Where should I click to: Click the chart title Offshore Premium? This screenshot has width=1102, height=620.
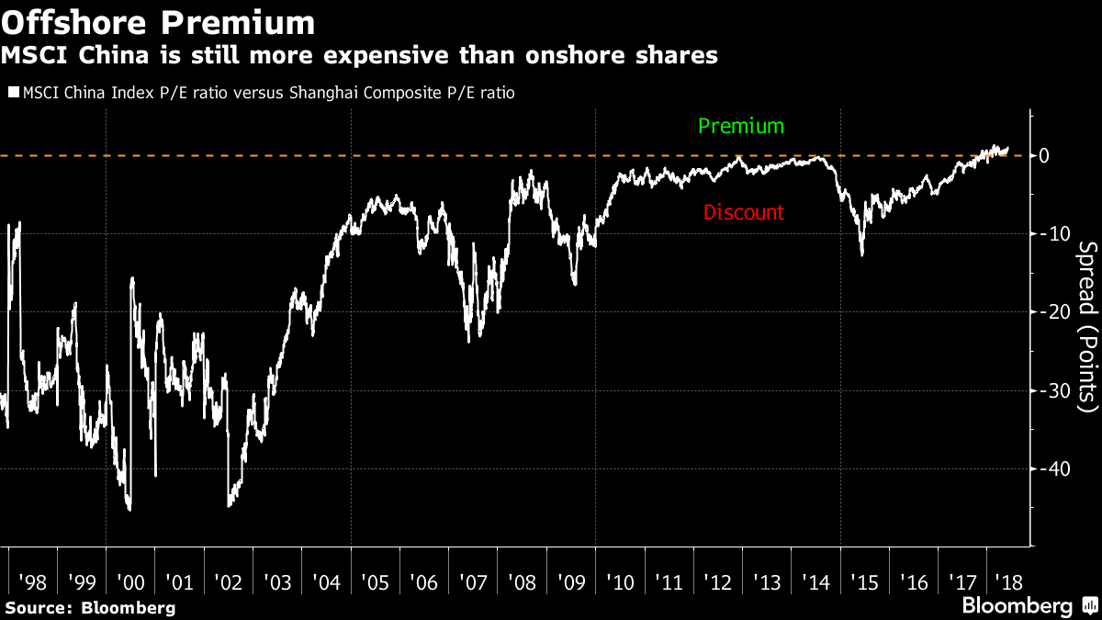coord(158,21)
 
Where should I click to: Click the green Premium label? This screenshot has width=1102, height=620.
coord(741,126)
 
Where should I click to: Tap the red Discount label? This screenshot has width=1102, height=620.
coord(744,212)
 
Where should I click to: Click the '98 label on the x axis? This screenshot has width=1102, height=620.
coord(32,581)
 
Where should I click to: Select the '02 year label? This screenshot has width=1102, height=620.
coord(229,581)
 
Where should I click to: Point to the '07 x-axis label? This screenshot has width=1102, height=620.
coord(474,581)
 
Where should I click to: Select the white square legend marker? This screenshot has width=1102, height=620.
coord(14,92)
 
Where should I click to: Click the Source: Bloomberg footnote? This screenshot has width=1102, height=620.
coord(89,607)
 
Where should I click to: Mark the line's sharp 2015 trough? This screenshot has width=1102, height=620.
coord(861,254)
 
